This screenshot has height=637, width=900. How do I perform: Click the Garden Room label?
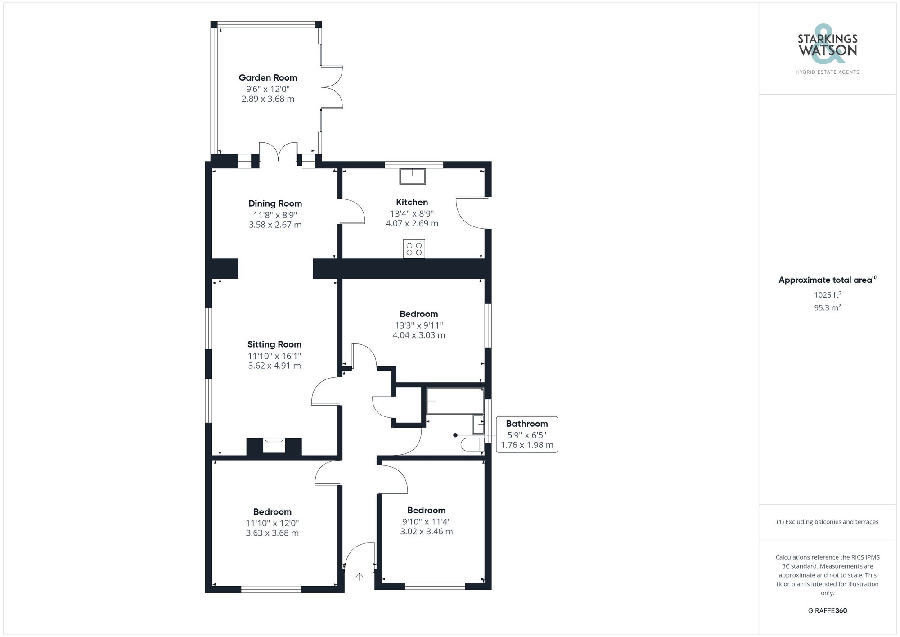click(x=268, y=77)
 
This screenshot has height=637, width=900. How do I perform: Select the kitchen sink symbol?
click(x=412, y=176)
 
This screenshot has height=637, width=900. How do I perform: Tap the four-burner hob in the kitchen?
click(x=414, y=249)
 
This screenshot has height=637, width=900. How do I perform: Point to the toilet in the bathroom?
click(x=472, y=445)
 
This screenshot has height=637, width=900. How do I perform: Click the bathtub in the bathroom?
click(x=454, y=401)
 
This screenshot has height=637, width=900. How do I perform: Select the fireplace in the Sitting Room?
click(x=274, y=446)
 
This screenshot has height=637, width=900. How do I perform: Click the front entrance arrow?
click(x=359, y=576)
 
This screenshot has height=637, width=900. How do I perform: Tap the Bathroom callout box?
click(x=526, y=434)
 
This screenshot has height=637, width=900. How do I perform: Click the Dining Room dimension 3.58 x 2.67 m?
click(x=275, y=225)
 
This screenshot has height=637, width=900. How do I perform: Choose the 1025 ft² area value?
click(x=827, y=295)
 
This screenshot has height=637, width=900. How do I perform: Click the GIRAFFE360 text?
click(x=827, y=610)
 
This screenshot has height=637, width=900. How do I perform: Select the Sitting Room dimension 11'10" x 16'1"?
click(x=274, y=356)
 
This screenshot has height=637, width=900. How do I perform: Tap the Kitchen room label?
click(x=412, y=202)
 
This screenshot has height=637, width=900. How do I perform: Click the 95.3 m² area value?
click(x=827, y=307)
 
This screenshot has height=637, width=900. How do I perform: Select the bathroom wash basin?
click(x=478, y=424)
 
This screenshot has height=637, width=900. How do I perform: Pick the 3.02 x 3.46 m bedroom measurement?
click(x=426, y=531)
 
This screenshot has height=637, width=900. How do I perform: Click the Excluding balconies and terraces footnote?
click(x=827, y=522)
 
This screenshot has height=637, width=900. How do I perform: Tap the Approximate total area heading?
click(x=827, y=280)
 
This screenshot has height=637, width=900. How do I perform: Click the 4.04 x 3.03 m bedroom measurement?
click(x=418, y=335)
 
